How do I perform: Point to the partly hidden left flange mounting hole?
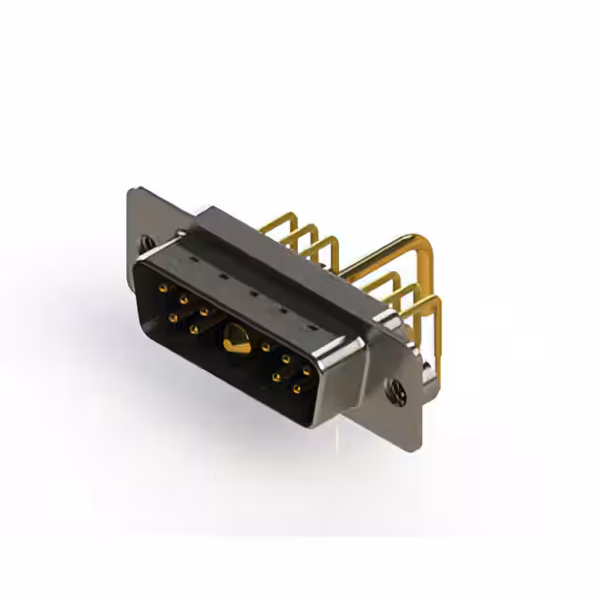(x=148, y=242)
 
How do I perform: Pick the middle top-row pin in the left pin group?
(x=183, y=299)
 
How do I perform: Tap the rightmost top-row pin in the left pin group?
(x=204, y=311)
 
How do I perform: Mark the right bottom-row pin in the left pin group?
(x=193, y=330)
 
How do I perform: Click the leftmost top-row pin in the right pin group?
(x=266, y=347)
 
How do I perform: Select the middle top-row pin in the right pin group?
(x=285, y=359)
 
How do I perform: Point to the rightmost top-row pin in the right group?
(x=306, y=371)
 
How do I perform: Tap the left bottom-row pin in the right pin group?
(x=276, y=377)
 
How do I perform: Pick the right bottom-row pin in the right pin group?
(x=297, y=388)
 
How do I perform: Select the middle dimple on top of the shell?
(x=253, y=293)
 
